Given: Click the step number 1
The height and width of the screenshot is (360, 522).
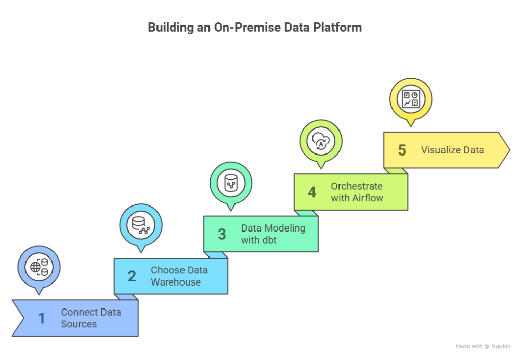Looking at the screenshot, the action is click(x=42, y=318).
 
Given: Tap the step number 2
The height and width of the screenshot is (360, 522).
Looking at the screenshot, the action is click(x=132, y=276).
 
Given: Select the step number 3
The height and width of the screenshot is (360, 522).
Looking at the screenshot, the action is click(x=222, y=234).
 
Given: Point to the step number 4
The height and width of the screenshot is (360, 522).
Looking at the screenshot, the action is click(x=312, y=192).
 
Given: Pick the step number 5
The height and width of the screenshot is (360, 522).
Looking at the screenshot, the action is click(x=402, y=150).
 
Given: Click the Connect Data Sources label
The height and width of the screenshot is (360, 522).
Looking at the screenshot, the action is click(x=91, y=318).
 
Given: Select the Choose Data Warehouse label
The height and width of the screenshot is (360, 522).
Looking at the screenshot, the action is click(x=179, y=276).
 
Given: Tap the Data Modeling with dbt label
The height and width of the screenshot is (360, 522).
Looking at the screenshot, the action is click(x=273, y=234).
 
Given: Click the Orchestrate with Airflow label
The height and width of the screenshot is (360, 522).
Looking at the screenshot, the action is click(x=357, y=192).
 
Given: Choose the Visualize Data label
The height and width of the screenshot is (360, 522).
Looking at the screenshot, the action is click(x=453, y=150).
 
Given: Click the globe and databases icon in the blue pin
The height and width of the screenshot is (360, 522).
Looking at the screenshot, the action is click(x=39, y=267).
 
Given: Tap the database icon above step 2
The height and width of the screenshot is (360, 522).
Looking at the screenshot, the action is click(x=141, y=225).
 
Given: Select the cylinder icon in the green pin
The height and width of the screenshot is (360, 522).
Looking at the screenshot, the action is click(x=231, y=183).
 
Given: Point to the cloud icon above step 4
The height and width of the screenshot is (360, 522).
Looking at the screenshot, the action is click(x=321, y=141).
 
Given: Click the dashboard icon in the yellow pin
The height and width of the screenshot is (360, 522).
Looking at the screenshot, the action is click(x=411, y=99).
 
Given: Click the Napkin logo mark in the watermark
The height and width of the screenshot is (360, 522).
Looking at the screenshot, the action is click(x=487, y=346).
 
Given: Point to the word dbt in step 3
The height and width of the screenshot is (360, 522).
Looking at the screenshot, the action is click(x=269, y=240).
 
